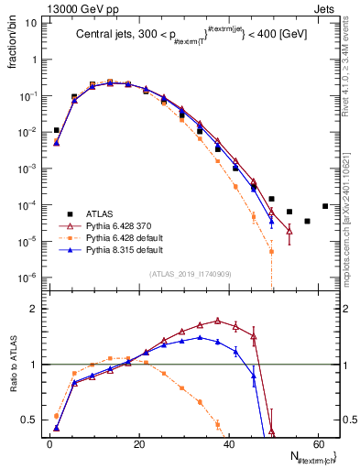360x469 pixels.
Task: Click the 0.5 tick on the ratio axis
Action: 29,420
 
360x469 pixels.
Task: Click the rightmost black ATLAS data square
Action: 325,206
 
